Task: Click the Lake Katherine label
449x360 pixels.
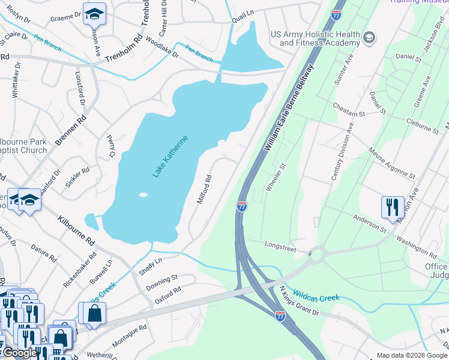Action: [x=170, y=157]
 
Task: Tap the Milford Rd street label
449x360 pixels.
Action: [x=205, y=189]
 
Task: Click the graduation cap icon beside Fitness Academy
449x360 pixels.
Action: [x=369, y=38]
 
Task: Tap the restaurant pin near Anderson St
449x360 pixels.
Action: [x=392, y=207]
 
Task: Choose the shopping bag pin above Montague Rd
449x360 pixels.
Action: [x=94, y=313]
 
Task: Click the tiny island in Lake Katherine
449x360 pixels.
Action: [x=142, y=194]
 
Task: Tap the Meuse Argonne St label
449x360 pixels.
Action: [x=392, y=164]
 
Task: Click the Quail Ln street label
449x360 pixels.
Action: [x=244, y=20]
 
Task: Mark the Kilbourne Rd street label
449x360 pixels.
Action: [x=76, y=232]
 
